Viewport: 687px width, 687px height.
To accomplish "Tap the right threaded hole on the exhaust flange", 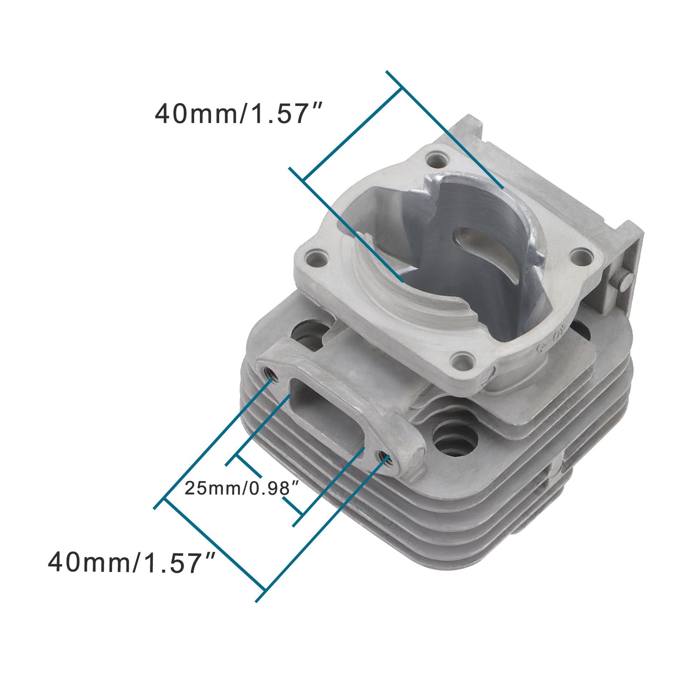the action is (x=384, y=457).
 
